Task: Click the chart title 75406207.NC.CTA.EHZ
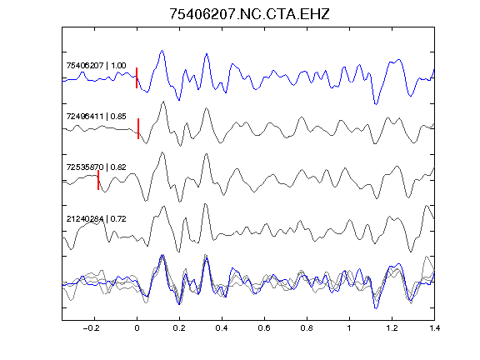249,14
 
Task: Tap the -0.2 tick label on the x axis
92,328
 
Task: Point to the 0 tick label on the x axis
137,328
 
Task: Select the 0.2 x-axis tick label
179,328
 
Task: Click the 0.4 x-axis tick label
222,328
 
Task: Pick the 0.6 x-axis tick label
264,328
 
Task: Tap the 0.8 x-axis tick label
307,328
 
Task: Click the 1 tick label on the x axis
349,328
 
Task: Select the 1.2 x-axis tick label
392,328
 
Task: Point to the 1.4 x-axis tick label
434,328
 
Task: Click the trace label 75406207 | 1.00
96,66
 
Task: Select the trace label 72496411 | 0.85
96,117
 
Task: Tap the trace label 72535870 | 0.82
96,167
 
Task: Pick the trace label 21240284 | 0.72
96,219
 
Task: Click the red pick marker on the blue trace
137,78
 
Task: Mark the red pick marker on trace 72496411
138,129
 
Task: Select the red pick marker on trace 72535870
98,180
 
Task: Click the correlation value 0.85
118,117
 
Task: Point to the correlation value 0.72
118,219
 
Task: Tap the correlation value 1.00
118,66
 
